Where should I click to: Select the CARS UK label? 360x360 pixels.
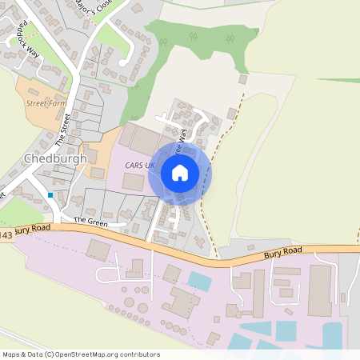point(140,165)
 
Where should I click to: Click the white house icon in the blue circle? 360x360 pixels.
point(180,173)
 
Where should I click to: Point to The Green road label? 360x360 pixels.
point(90,220)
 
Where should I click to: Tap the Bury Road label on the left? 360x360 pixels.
point(34,229)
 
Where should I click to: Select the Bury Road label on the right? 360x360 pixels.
point(283,253)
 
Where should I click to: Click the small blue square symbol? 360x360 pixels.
point(50,194)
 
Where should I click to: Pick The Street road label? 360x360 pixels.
point(64,128)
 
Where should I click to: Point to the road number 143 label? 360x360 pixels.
point(6,235)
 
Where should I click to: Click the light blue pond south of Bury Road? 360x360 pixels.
point(200,281)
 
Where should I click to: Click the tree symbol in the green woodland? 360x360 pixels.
point(163,42)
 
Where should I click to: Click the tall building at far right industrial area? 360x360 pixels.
point(320,290)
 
